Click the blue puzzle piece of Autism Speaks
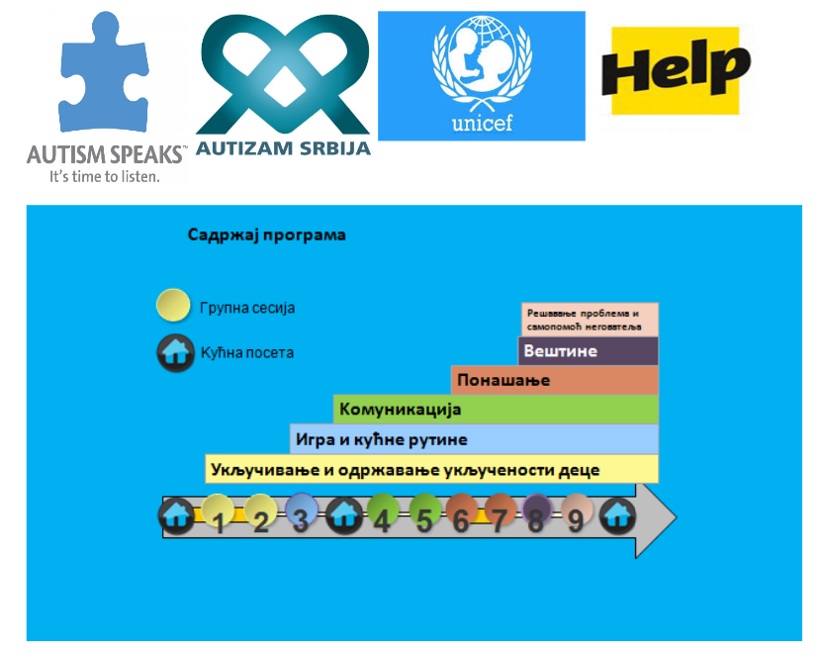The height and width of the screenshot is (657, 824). [104, 73]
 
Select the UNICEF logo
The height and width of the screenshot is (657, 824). [482, 75]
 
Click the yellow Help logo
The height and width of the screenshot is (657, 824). [676, 70]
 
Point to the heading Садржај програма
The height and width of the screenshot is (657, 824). [266, 235]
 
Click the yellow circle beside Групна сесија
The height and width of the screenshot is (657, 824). [173, 305]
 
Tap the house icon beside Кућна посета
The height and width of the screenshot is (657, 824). [175, 352]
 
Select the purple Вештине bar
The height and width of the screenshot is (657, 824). [588, 350]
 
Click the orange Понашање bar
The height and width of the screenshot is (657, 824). [554, 380]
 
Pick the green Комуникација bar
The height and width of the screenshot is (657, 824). [496, 409]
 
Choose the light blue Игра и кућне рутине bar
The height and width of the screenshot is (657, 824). [474, 439]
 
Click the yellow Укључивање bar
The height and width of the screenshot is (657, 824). [431, 469]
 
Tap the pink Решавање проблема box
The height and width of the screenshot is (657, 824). [590, 320]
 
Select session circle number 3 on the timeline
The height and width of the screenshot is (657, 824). [302, 510]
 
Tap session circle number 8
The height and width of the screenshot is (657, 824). [537, 511]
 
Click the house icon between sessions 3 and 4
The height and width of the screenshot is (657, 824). [344, 516]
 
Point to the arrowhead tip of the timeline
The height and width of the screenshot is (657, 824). [677, 517]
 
